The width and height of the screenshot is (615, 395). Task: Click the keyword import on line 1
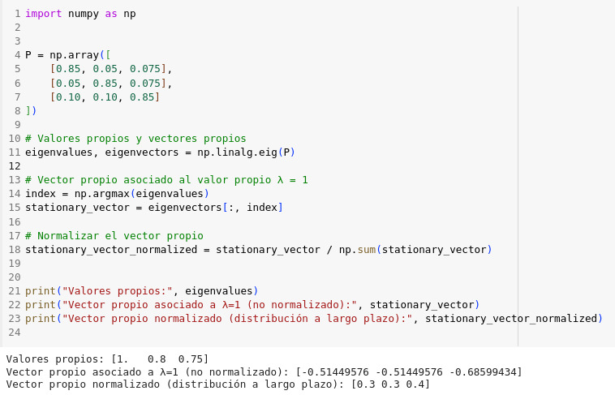[44, 14]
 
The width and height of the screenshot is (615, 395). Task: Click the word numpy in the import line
[84, 14]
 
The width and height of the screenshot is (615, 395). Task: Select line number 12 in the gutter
[15, 166]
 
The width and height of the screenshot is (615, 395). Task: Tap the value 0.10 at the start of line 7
[68, 97]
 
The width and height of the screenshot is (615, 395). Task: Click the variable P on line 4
[28, 55]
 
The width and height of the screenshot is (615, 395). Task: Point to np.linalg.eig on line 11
[237, 152]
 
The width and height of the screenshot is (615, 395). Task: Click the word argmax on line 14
[114, 194]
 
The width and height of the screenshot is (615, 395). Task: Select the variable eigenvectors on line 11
[142, 152]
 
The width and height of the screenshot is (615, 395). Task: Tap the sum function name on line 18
[367, 250]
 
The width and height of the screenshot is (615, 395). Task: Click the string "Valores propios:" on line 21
[118, 291]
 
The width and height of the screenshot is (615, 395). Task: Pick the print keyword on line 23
[41, 319]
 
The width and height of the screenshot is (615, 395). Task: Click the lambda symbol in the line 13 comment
[280, 180]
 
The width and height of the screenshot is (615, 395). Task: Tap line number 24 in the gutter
[15, 333]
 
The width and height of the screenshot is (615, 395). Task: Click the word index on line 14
[41, 194]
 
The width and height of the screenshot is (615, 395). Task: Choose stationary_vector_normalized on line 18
[111, 250]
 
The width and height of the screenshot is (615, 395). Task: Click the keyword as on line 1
[111, 14]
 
